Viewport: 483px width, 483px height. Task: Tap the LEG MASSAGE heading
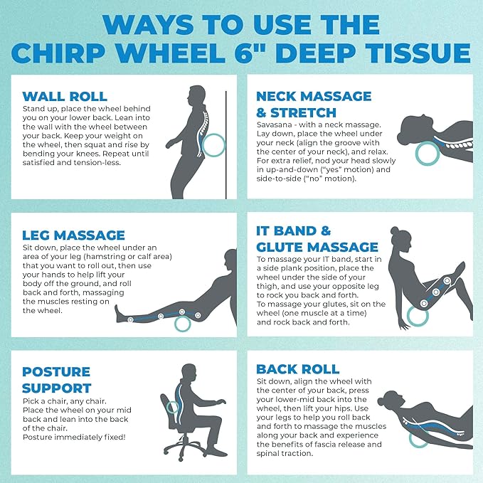click(x=74, y=234)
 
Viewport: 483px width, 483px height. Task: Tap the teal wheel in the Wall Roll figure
click(x=212, y=147)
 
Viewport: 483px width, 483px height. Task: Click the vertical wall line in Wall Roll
click(x=227, y=142)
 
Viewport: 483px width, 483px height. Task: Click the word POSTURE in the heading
click(x=55, y=372)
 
